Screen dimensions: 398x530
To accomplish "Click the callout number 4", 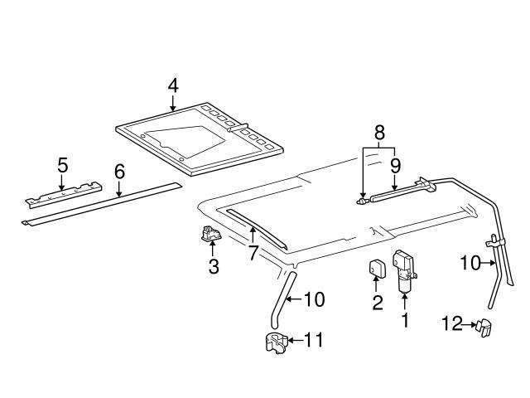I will [x=172, y=85].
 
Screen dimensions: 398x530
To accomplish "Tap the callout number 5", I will [x=62, y=164].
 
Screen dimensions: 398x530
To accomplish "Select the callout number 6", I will [x=119, y=172].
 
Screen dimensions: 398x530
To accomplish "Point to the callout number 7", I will [x=253, y=252].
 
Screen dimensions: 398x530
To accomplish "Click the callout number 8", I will [x=379, y=132].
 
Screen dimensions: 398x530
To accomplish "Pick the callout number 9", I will [x=395, y=164].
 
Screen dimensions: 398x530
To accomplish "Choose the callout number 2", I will [x=378, y=303].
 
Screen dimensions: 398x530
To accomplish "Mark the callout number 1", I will [x=406, y=319].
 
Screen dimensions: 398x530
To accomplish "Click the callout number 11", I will [x=316, y=339].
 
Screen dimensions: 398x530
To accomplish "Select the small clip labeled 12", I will [x=483, y=329].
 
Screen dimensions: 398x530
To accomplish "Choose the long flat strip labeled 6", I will [x=99, y=202].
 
